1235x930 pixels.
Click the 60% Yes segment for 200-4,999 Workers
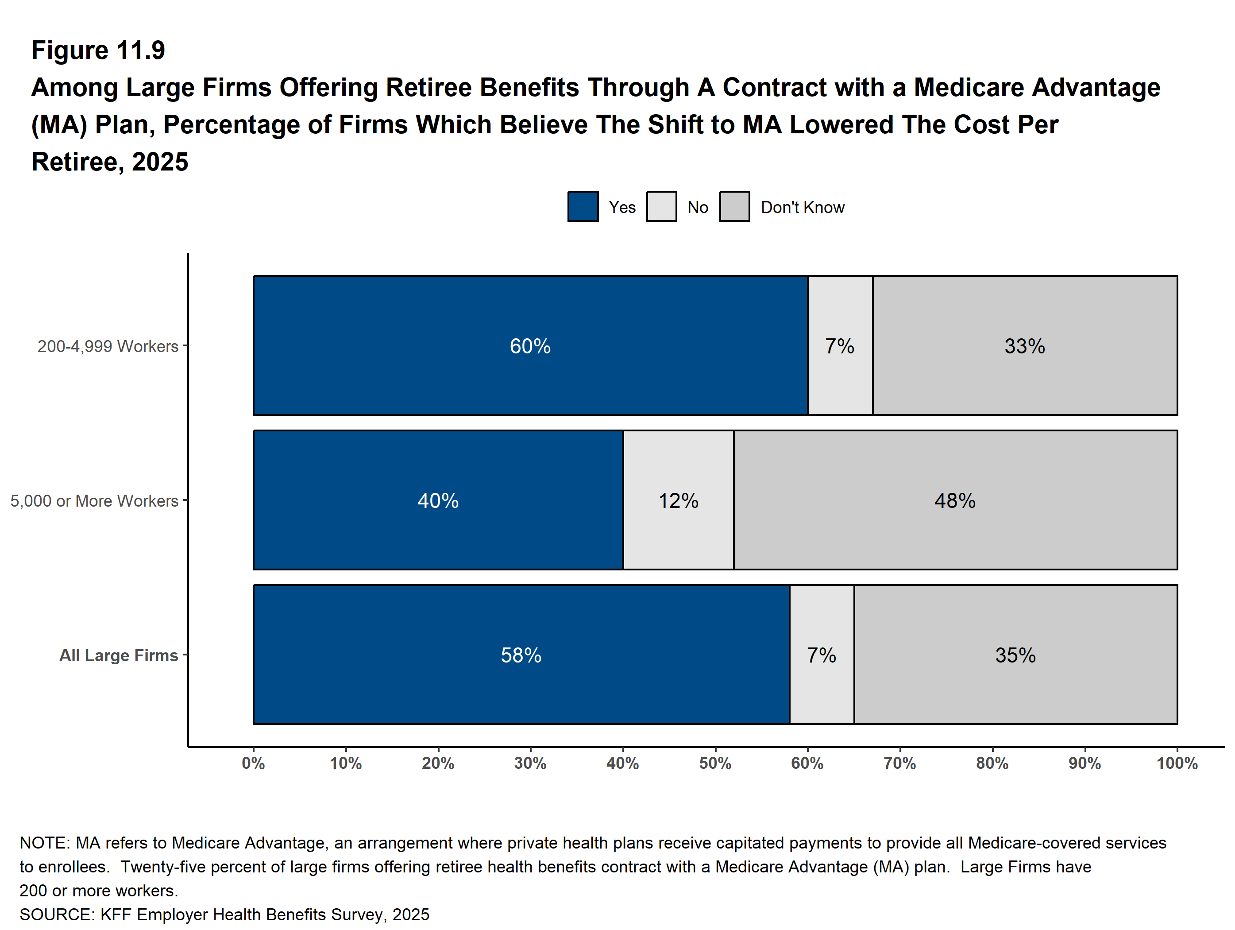tap(530, 346)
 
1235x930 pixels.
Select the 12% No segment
tap(678, 500)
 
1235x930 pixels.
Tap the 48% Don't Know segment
tap(955, 500)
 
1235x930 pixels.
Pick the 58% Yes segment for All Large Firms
tap(521, 655)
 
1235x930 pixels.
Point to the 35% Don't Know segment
tap(1015, 655)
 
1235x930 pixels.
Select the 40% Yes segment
tap(438, 500)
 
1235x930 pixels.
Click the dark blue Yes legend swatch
tap(583, 207)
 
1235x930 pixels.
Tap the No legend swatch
tap(662, 207)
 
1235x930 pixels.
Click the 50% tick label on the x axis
tap(715, 763)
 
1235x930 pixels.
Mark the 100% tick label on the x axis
tap(1177, 763)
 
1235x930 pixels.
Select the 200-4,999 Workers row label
tap(108, 346)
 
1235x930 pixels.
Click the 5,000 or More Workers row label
tap(94, 501)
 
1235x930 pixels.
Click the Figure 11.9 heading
tap(98, 50)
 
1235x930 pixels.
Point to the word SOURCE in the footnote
tap(56, 914)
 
